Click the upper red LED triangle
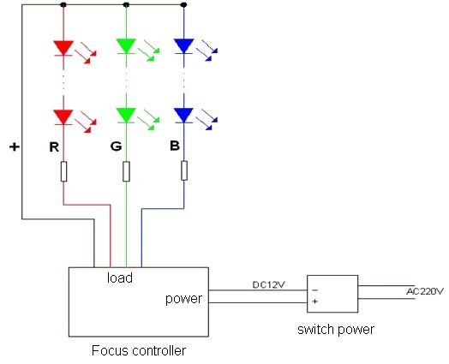point(63,47)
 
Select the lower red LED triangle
point(63,116)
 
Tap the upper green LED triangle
point(126,45)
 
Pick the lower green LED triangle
point(126,115)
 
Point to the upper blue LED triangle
point(184,45)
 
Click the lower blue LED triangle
point(184,115)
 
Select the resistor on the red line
point(64,171)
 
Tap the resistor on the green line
point(126,171)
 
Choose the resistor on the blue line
point(184,170)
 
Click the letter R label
point(54,147)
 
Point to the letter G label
point(116,146)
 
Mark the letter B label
point(175,146)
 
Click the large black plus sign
point(15,146)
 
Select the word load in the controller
point(120,277)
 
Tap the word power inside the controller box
point(183,299)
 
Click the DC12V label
point(268,284)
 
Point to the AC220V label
point(425,291)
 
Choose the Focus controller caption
point(139,350)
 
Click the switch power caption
point(336,330)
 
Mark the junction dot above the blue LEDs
point(184,5)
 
